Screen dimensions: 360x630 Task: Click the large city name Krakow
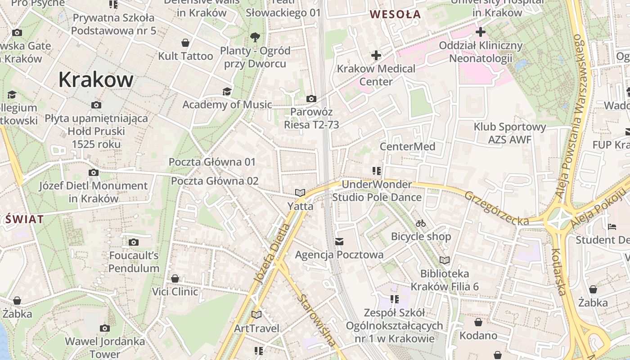click(96, 80)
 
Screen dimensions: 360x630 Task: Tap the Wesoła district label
click(395, 14)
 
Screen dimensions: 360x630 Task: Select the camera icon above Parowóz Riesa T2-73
click(311, 99)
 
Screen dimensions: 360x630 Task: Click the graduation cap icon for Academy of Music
click(227, 92)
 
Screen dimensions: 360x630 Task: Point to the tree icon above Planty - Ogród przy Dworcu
click(255, 37)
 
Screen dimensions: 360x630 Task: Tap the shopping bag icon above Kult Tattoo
click(185, 43)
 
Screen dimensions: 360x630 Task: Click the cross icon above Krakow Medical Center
click(376, 55)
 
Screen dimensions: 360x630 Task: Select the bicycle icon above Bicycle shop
click(421, 223)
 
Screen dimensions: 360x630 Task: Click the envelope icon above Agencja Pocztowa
click(339, 242)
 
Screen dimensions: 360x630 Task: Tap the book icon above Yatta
click(300, 193)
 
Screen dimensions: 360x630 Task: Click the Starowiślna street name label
click(317, 319)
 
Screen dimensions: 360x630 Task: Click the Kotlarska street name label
click(558, 272)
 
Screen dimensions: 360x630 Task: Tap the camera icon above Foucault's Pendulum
click(133, 243)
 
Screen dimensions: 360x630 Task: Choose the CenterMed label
click(407, 147)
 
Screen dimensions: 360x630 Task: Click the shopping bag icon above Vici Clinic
click(175, 279)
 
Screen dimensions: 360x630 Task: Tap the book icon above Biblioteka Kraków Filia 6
click(445, 260)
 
